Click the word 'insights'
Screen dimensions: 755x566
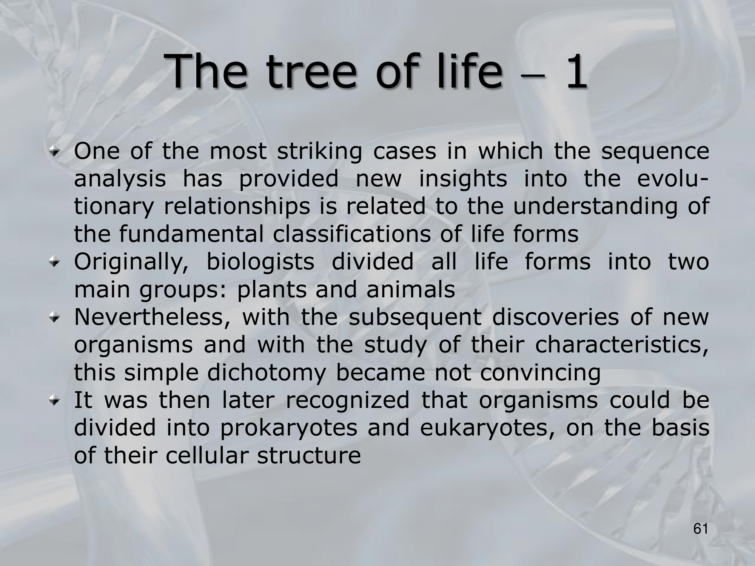pos(463,180)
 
